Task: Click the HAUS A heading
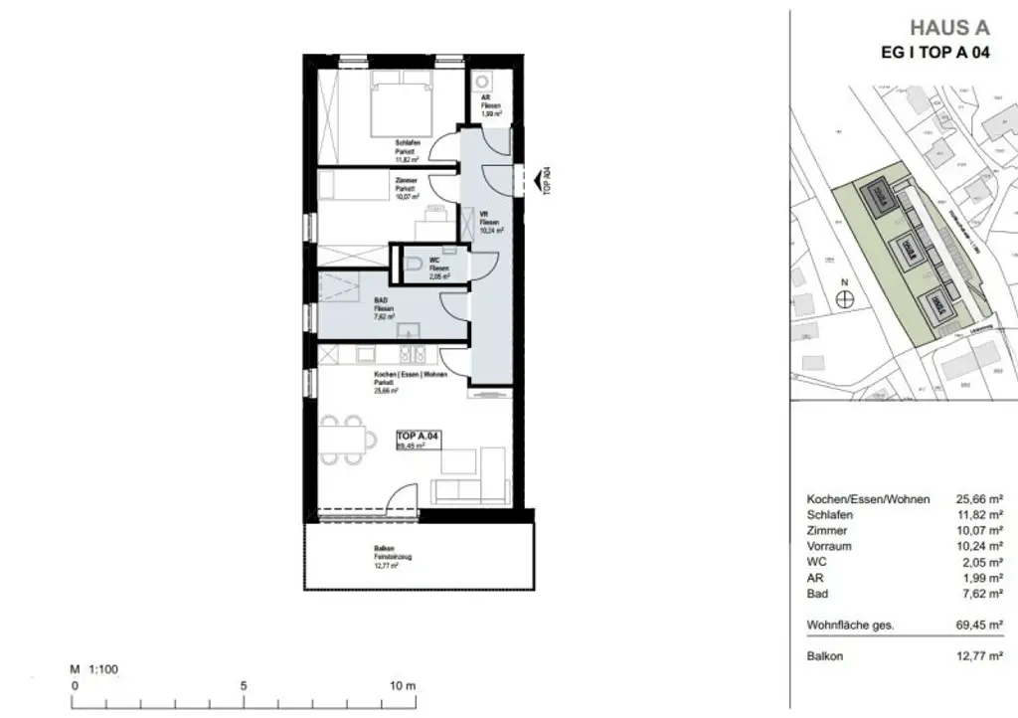point(949,28)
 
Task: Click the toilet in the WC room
point(416,264)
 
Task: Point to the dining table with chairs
point(345,438)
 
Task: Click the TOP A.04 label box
point(419,441)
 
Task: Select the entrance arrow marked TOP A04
point(544,181)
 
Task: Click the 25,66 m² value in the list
point(979,498)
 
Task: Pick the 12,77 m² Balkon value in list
point(979,656)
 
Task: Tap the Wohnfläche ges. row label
point(850,626)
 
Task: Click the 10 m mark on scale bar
point(402,686)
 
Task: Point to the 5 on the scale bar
point(244,686)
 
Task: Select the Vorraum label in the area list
point(829,546)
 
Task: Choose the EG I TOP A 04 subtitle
point(935,54)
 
